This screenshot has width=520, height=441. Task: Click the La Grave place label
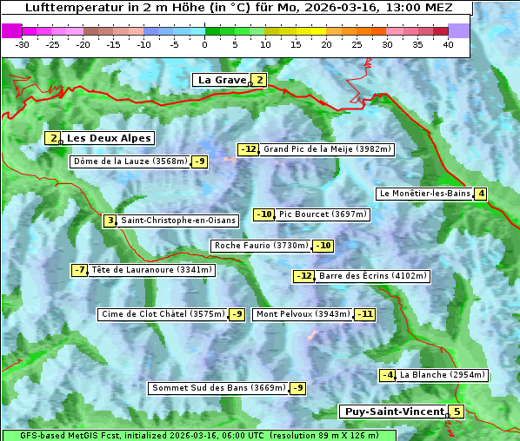[222, 80]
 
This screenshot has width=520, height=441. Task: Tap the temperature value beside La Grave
[259, 80]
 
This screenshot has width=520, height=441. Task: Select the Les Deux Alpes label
[109, 138]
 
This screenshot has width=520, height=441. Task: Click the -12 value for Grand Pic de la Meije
[249, 149]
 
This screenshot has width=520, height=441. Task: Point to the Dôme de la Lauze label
[130, 161]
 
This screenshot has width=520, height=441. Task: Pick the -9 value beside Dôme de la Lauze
[200, 161]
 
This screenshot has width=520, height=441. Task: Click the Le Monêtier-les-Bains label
[424, 194]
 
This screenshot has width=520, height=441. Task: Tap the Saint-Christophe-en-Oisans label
[178, 220]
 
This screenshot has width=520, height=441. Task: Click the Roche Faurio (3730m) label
[261, 246]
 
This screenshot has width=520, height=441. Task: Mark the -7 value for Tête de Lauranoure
[80, 270]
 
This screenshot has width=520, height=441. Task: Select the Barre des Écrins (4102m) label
[373, 276]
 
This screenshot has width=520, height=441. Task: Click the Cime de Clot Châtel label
[162, 314]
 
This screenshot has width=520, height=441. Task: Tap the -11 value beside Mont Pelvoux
[364, 314]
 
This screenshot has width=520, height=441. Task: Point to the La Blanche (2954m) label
[443, 375]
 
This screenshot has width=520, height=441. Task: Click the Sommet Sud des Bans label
[218, 388]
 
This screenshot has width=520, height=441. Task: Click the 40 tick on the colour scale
[448, 44]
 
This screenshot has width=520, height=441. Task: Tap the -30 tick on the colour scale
[23, 44]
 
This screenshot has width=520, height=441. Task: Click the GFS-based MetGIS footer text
[199, 435]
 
